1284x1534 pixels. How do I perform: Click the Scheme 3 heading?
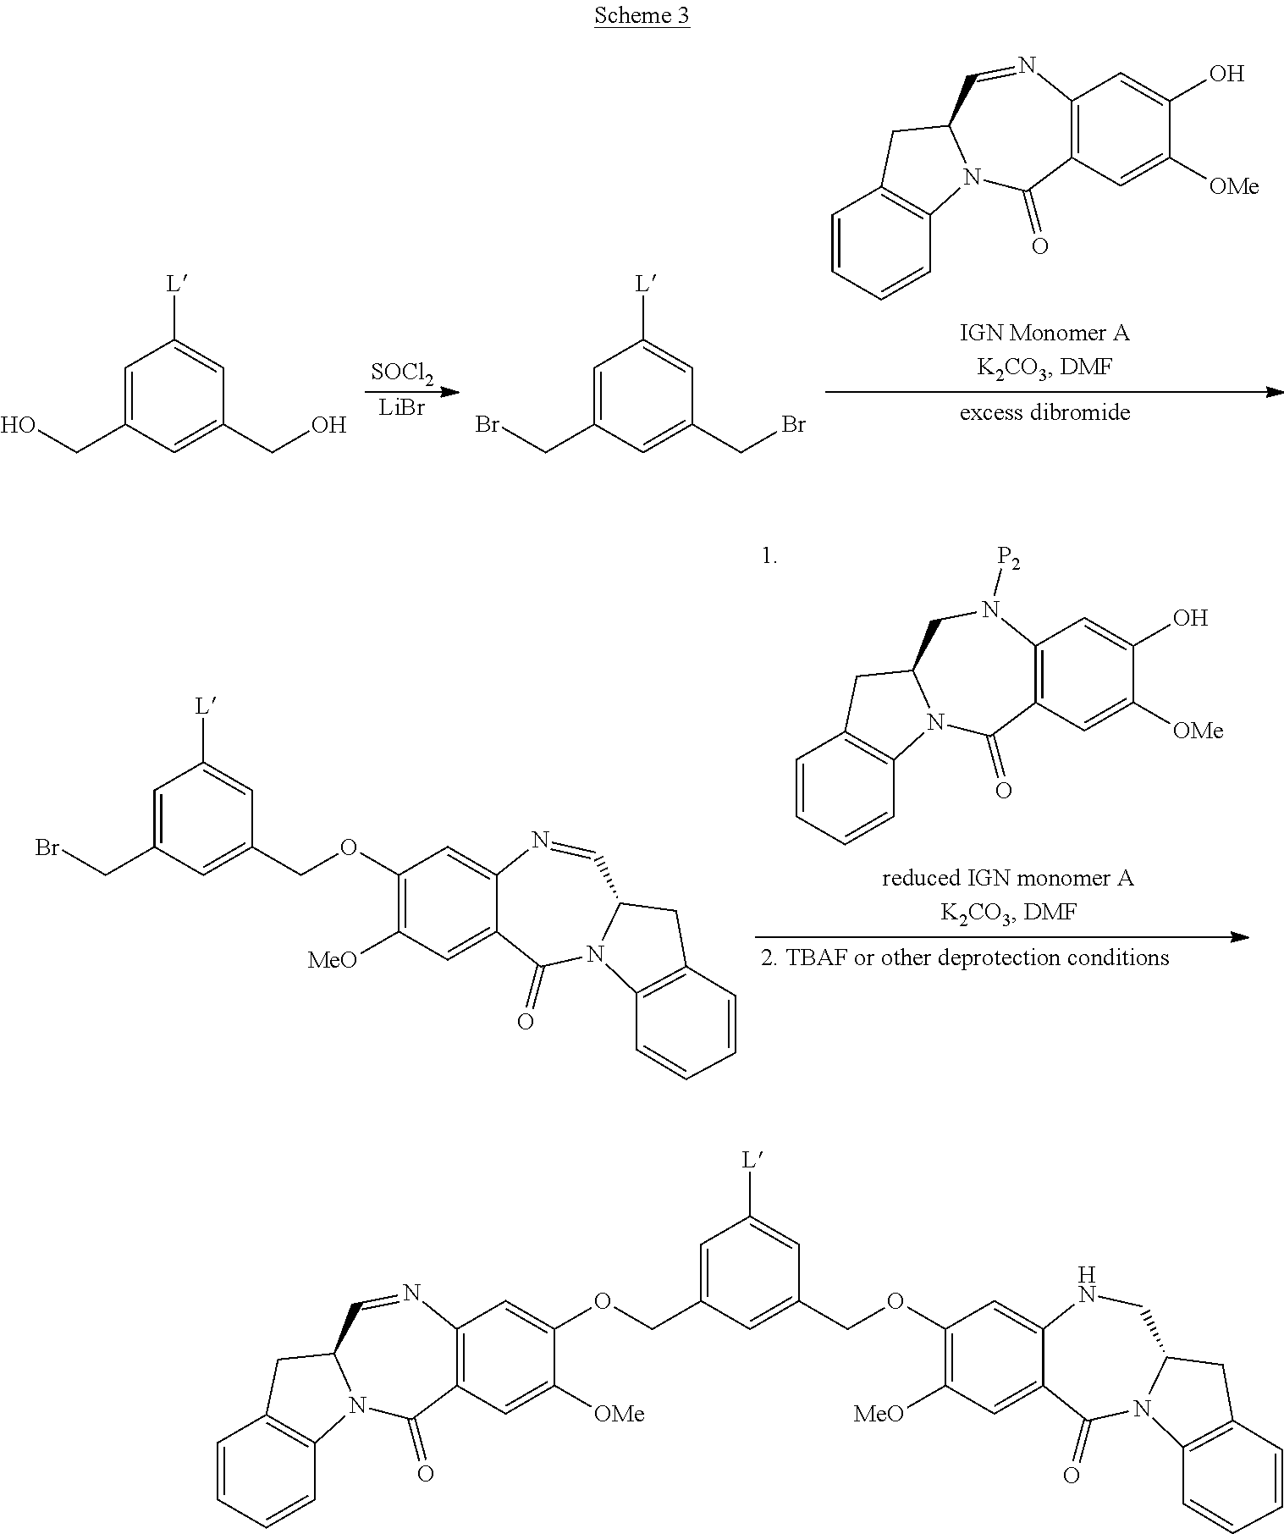[642, 16]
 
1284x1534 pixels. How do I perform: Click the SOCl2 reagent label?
[401, 372]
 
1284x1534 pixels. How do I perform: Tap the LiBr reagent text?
[400, 409]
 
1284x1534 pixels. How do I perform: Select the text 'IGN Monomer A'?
[1044, 333]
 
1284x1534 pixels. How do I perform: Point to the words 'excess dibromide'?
[1044, 413]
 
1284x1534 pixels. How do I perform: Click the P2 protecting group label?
[1007, 557]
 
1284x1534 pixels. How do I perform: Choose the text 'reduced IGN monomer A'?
[1007, 878]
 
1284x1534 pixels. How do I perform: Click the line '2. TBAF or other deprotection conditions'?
[965, 957]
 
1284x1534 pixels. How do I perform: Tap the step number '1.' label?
[769, 557]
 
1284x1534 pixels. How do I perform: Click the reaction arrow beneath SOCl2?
[411, 392]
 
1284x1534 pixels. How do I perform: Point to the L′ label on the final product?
[752, 1159]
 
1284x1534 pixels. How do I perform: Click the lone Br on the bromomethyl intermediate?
[47, 847]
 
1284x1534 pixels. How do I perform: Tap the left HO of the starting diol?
[19, 424]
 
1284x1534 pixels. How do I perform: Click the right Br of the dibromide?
[793, 423]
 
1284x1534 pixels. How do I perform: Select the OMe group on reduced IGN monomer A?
[1197, 730]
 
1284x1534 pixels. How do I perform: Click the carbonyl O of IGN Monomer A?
[1039, 246]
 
